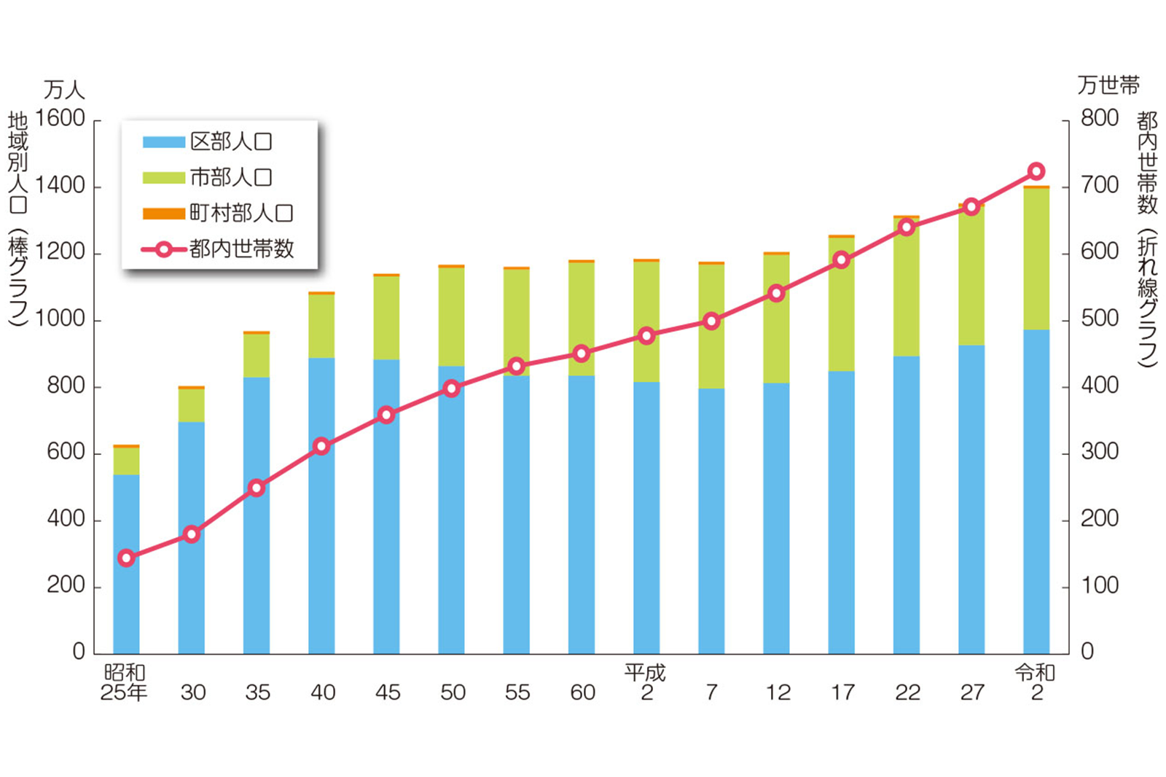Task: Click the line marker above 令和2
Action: (1036, 172)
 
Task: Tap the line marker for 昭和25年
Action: (126, 558)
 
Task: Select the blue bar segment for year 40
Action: (321, 505)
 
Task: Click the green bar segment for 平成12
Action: (776, 319)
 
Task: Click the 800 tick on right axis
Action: (1099, 118)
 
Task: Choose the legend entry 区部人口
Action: (230, 141)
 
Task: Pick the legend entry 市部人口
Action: (230, 177)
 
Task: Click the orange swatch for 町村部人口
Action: (163, 213)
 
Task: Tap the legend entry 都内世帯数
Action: (240, 249)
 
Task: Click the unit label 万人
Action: (64, 90)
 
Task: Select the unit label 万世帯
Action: (1108, 85)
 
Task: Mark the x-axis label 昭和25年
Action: (124, 682)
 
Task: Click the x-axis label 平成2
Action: (646, 682)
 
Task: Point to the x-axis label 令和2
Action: (1036, 682)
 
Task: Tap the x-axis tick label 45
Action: (388, 692)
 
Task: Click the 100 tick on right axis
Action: (1099, 585)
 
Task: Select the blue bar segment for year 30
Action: (192, 537)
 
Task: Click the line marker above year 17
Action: (842, 260)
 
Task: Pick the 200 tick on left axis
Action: (66, 585)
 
